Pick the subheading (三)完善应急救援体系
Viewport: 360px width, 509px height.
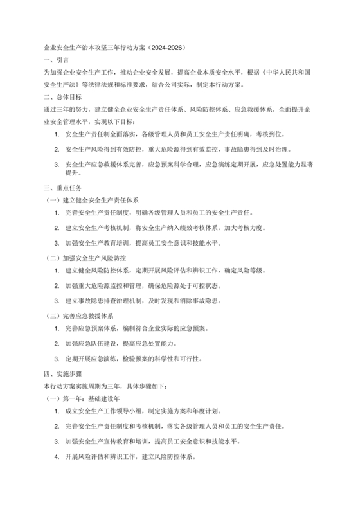pos(80,316)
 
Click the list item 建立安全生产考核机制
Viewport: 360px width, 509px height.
pos(164,228)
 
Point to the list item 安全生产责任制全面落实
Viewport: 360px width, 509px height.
pos(177,118)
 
